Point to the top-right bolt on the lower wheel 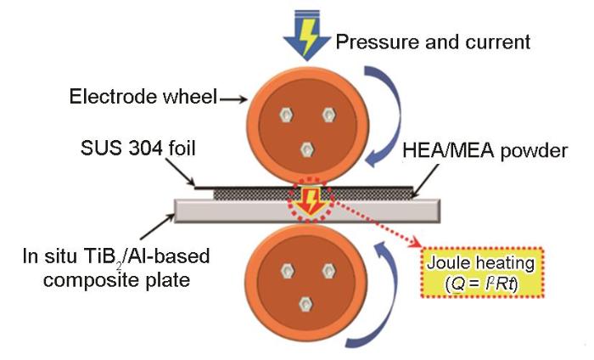click(x=327, y=267)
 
